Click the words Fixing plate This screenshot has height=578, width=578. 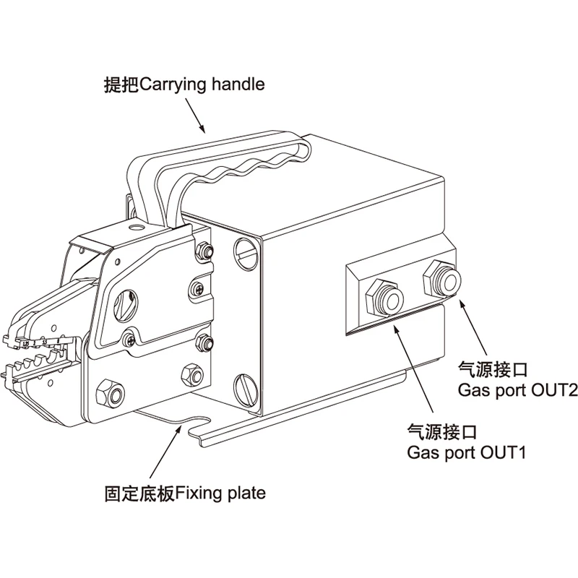pos(221,494)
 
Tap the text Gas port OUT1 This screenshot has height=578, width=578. pos(467,453)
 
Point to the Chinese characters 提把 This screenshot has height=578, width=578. pos(120,85)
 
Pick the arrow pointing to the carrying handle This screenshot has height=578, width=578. pos(194,116)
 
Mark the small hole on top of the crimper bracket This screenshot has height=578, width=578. pos(133,226)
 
